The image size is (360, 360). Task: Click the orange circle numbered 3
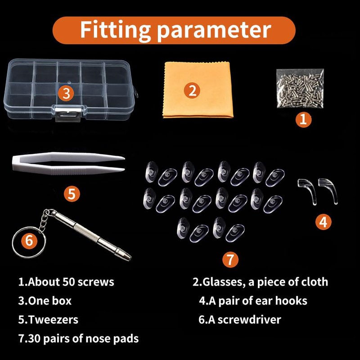click(66, 94)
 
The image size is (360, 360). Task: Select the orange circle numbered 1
click(303, 119)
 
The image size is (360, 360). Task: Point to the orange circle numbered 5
click(72, 193)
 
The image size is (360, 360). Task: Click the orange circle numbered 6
click(29, 241)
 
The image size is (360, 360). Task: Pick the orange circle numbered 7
click(230, 260)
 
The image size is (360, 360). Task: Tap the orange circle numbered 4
click(323, 222)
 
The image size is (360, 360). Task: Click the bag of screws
click(300, 88)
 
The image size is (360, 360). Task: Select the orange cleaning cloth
click(198, 90)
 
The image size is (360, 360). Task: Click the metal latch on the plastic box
click(68, 113)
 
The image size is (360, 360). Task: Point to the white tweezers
click(68, 163)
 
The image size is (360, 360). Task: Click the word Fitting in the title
click(116, 30)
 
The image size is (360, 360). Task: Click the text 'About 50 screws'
click(71, 282)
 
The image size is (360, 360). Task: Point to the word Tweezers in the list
click(53, 319)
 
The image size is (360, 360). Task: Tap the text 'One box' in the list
click(50, 301)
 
